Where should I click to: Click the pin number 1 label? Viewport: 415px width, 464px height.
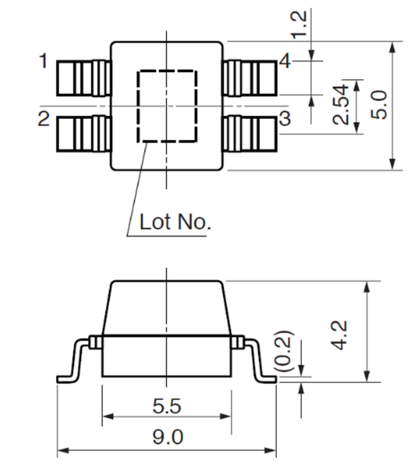[x=43, y=61]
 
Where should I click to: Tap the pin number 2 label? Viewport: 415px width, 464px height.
[x=43, y=119]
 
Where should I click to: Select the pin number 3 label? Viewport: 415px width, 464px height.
[x=285, y=118]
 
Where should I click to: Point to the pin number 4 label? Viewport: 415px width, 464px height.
[x=285, y=61]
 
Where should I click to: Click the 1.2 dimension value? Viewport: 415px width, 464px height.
[x=298, y=25]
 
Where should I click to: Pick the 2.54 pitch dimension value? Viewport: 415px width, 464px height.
[x=340, y=105]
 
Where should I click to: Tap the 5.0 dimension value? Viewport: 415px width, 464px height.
[x=379, y=105]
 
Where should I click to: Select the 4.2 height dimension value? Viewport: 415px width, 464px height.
[x=338, y=335]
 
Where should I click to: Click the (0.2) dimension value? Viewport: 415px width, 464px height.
[x=283, y=351]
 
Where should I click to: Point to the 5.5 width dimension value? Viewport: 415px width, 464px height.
[x=167, y=406]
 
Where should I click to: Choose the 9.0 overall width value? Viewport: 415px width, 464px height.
[x=168, y=437]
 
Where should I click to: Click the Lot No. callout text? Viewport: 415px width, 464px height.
[x=175, y=222]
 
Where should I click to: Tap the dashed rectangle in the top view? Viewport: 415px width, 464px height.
[x=137, y=106]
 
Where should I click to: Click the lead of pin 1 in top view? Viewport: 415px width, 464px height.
[x=84, y=78]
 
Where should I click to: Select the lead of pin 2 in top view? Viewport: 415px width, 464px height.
[x=84, y=134]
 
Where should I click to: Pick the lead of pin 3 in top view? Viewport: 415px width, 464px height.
[x=250, y=134]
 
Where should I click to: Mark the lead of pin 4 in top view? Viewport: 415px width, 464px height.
[x=250, y=78]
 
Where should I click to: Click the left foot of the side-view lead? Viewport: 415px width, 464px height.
[x=66, y=379]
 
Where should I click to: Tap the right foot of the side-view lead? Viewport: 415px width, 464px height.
[x=266, y=379]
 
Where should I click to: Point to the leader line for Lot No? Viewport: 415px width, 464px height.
[x=137, y=189]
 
